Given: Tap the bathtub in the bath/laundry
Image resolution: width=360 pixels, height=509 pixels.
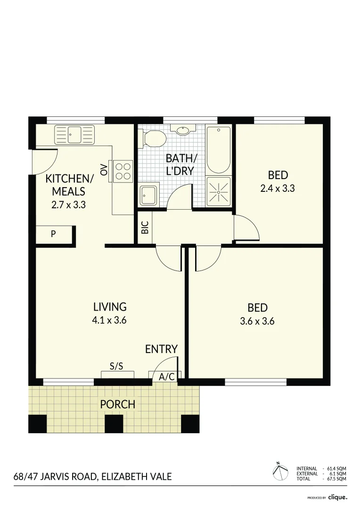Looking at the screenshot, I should pyautogui.click(x=219, y=150).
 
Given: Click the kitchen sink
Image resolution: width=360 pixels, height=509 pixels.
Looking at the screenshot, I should pyautogui.click(x=74, y=134).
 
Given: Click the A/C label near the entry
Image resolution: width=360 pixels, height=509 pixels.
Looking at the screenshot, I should pyautogui.click(x=167, y=377).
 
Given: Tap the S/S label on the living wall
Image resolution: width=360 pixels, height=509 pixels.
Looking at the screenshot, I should pyautogui.click(x=116, y=366).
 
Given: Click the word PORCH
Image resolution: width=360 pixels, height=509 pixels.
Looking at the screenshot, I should pyautogui.click(x=117, y=404).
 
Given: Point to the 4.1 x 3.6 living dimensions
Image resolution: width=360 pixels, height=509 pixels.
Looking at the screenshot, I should pyautogui.click(x=109, y=320).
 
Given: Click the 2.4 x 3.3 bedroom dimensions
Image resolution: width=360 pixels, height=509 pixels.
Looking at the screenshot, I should pyautogui.click(x=278, y=189).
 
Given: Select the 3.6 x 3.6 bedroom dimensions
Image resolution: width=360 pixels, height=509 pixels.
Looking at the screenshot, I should pyautogui.click(x=258, y=322).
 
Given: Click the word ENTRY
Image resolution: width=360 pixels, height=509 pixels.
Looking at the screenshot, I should pyautogui.click(x=161, y=349).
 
